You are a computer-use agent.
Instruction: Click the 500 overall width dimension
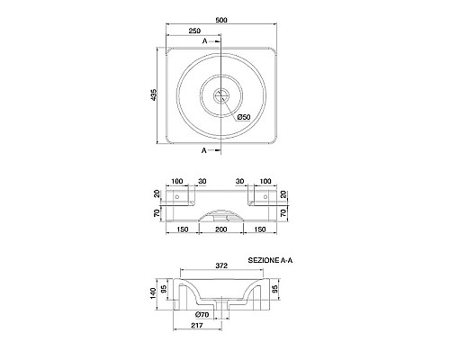tap(221, 20)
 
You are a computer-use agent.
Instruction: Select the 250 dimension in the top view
tap(194, 31)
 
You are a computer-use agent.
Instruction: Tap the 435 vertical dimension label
tap(153, 94)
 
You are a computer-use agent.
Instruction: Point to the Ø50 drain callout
tap(244, 117)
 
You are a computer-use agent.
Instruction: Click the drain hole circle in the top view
tap(221, 95)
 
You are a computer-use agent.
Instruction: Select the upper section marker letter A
tap(205, 41)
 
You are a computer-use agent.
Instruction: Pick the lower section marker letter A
tap(204, 150)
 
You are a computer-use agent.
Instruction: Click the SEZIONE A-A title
tap(270, 260)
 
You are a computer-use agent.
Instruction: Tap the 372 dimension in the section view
tap(221, 265)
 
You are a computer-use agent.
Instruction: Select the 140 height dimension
tap(153, 293)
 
